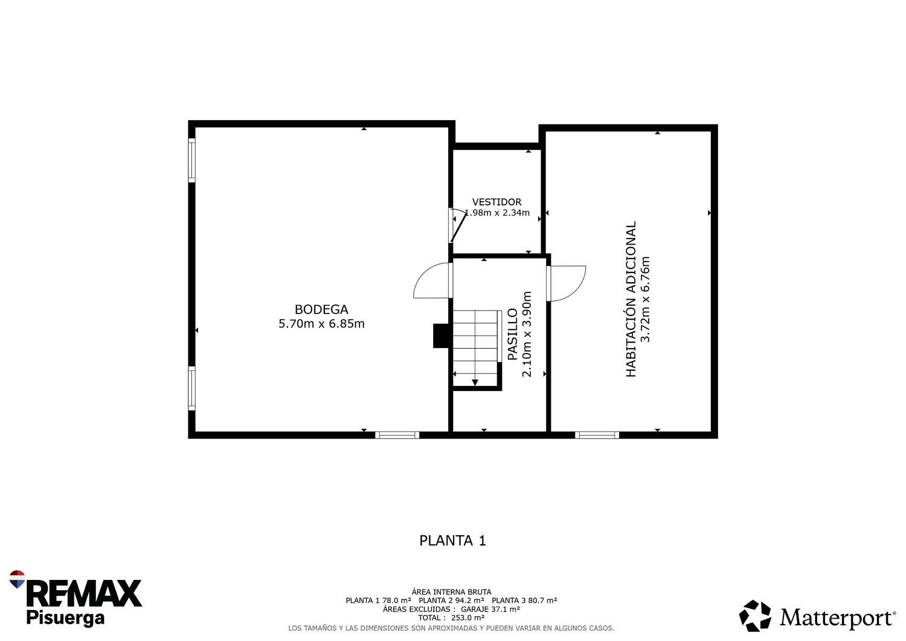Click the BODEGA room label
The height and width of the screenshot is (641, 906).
tap(321, 309)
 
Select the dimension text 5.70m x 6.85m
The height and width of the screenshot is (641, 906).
tap(321, 324)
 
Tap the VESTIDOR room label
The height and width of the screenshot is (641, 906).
tap(496, 202)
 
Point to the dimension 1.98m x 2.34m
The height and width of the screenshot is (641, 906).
tap(498, 213)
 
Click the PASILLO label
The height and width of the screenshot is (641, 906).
tap(512, 335)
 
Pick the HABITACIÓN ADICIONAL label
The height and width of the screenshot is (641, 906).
tap(631, 300)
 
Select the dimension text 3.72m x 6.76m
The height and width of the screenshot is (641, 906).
tap(646, 300)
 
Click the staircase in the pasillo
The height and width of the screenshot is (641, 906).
tap(476, 347)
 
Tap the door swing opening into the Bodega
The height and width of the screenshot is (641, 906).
tap(432, 282)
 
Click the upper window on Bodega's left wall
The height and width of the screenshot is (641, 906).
tap(192, 160)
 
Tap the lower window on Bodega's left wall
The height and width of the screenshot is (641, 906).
tap(192, 388)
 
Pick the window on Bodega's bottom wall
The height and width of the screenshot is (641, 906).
tap(397, 434)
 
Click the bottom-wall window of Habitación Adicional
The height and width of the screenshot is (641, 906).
tap(597, 434)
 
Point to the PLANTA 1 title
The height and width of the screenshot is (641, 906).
tap(452, 540)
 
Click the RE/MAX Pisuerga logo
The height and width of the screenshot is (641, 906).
tap(75, 598)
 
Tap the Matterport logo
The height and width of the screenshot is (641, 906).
tap(817, 616)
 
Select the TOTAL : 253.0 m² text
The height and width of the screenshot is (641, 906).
tap(451, 617)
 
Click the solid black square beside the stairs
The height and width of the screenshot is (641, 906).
tap(441, 336)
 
